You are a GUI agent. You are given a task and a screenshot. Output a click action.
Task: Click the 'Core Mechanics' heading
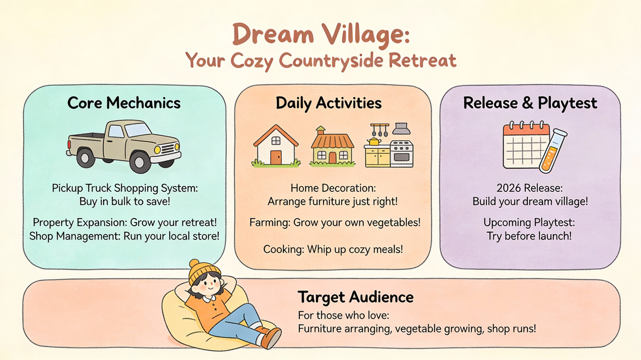coord(124,103)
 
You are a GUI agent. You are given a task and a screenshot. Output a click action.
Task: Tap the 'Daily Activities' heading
coord(329,103)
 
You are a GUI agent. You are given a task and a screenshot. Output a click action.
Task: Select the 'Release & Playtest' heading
coord(530,103)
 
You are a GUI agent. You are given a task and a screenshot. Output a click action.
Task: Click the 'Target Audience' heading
coord(356,297)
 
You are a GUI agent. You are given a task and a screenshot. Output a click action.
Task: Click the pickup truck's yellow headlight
coord(157,149)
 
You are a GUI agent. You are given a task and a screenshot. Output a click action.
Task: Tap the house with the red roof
coord(276,146)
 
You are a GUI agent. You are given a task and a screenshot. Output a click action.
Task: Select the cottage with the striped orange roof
coord(333,146)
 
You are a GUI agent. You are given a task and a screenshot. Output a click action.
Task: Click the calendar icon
coord(525,146)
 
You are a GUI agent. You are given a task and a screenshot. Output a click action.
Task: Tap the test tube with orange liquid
coord(553,150)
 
